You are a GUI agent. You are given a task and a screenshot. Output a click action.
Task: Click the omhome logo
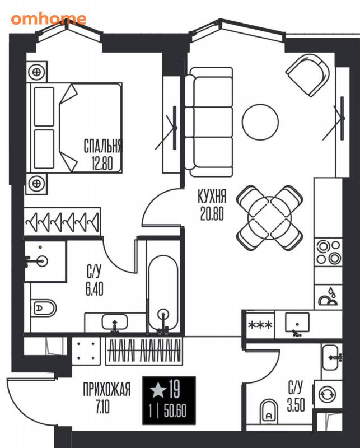(x=49, y=19)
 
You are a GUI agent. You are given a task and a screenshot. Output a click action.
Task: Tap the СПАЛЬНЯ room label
(x=102, y=146)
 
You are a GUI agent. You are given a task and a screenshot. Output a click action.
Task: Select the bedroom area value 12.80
(x=102, y=164)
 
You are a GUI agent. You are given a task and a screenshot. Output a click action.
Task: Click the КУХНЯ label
(x=212, y=197)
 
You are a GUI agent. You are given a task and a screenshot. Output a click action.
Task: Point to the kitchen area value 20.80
(x=212, y=214)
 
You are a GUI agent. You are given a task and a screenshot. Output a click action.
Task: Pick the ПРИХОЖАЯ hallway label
(x=106, y=389)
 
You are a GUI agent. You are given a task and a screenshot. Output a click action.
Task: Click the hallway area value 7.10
(x=102, y=407)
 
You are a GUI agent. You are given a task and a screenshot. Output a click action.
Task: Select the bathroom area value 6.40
(x=94, y=289)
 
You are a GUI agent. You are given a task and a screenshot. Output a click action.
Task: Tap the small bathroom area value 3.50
(x=296, y=405)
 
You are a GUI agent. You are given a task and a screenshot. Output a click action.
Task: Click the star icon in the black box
(x=158, y=390)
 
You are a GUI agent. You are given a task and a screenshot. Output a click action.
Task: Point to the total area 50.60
(x=175, y=411)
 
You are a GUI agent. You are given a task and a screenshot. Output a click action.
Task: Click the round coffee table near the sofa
(x=260, y=122)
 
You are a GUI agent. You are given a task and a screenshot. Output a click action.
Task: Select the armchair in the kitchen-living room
(x=308, y=76)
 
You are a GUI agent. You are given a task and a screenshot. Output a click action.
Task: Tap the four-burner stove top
(x=328, y=252)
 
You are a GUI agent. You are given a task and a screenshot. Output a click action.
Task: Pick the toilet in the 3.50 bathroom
(x=269, y=412)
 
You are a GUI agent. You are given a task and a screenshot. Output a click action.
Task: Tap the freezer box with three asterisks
(x=260, y=325)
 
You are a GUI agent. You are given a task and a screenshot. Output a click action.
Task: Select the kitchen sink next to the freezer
(x=297, y=323)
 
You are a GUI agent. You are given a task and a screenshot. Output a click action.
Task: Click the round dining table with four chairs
(x=269, y=218)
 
